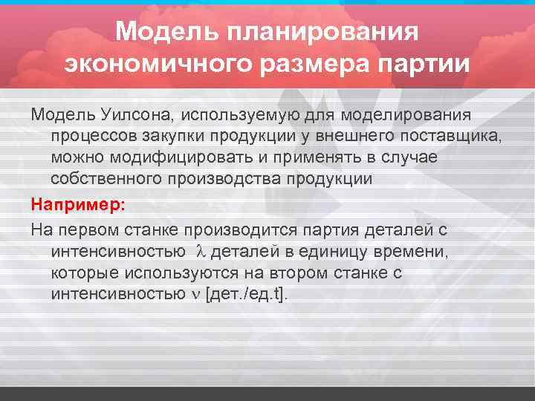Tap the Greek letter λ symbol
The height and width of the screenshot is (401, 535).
tap(199, 252)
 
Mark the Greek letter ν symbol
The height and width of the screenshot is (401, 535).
tap(195, 294)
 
